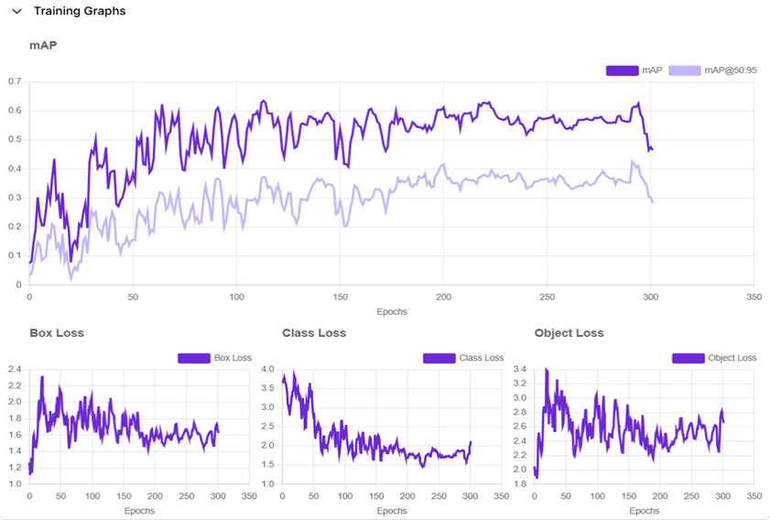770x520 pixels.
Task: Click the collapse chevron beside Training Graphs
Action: pos(16,12)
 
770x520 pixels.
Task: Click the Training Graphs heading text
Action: pos(80,12)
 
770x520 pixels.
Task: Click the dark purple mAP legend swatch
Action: pos(622,70)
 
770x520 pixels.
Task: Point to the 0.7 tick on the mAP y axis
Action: pos(14,81)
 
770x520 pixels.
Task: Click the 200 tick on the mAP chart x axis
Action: pos(443,298)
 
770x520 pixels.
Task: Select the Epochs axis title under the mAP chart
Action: pos(392,311)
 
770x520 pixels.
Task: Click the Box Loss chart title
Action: pos(57,333)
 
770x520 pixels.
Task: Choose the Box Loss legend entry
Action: pos(214,358)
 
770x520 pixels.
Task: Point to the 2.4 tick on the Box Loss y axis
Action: pos(14,369)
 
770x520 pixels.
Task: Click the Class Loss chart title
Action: pos(314,333)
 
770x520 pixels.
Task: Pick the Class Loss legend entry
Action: pos(463,358)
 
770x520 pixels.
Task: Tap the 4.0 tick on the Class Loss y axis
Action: pos(267,369)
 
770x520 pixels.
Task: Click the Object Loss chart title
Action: pos(569,333)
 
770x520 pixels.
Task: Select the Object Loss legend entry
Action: pos(714,358)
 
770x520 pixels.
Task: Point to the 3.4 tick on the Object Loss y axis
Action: pos(519,369)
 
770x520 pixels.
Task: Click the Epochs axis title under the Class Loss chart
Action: pos(392,511)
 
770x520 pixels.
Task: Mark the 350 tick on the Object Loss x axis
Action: pos(754,497)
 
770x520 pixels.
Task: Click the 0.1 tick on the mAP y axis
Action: pos(14,255)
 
